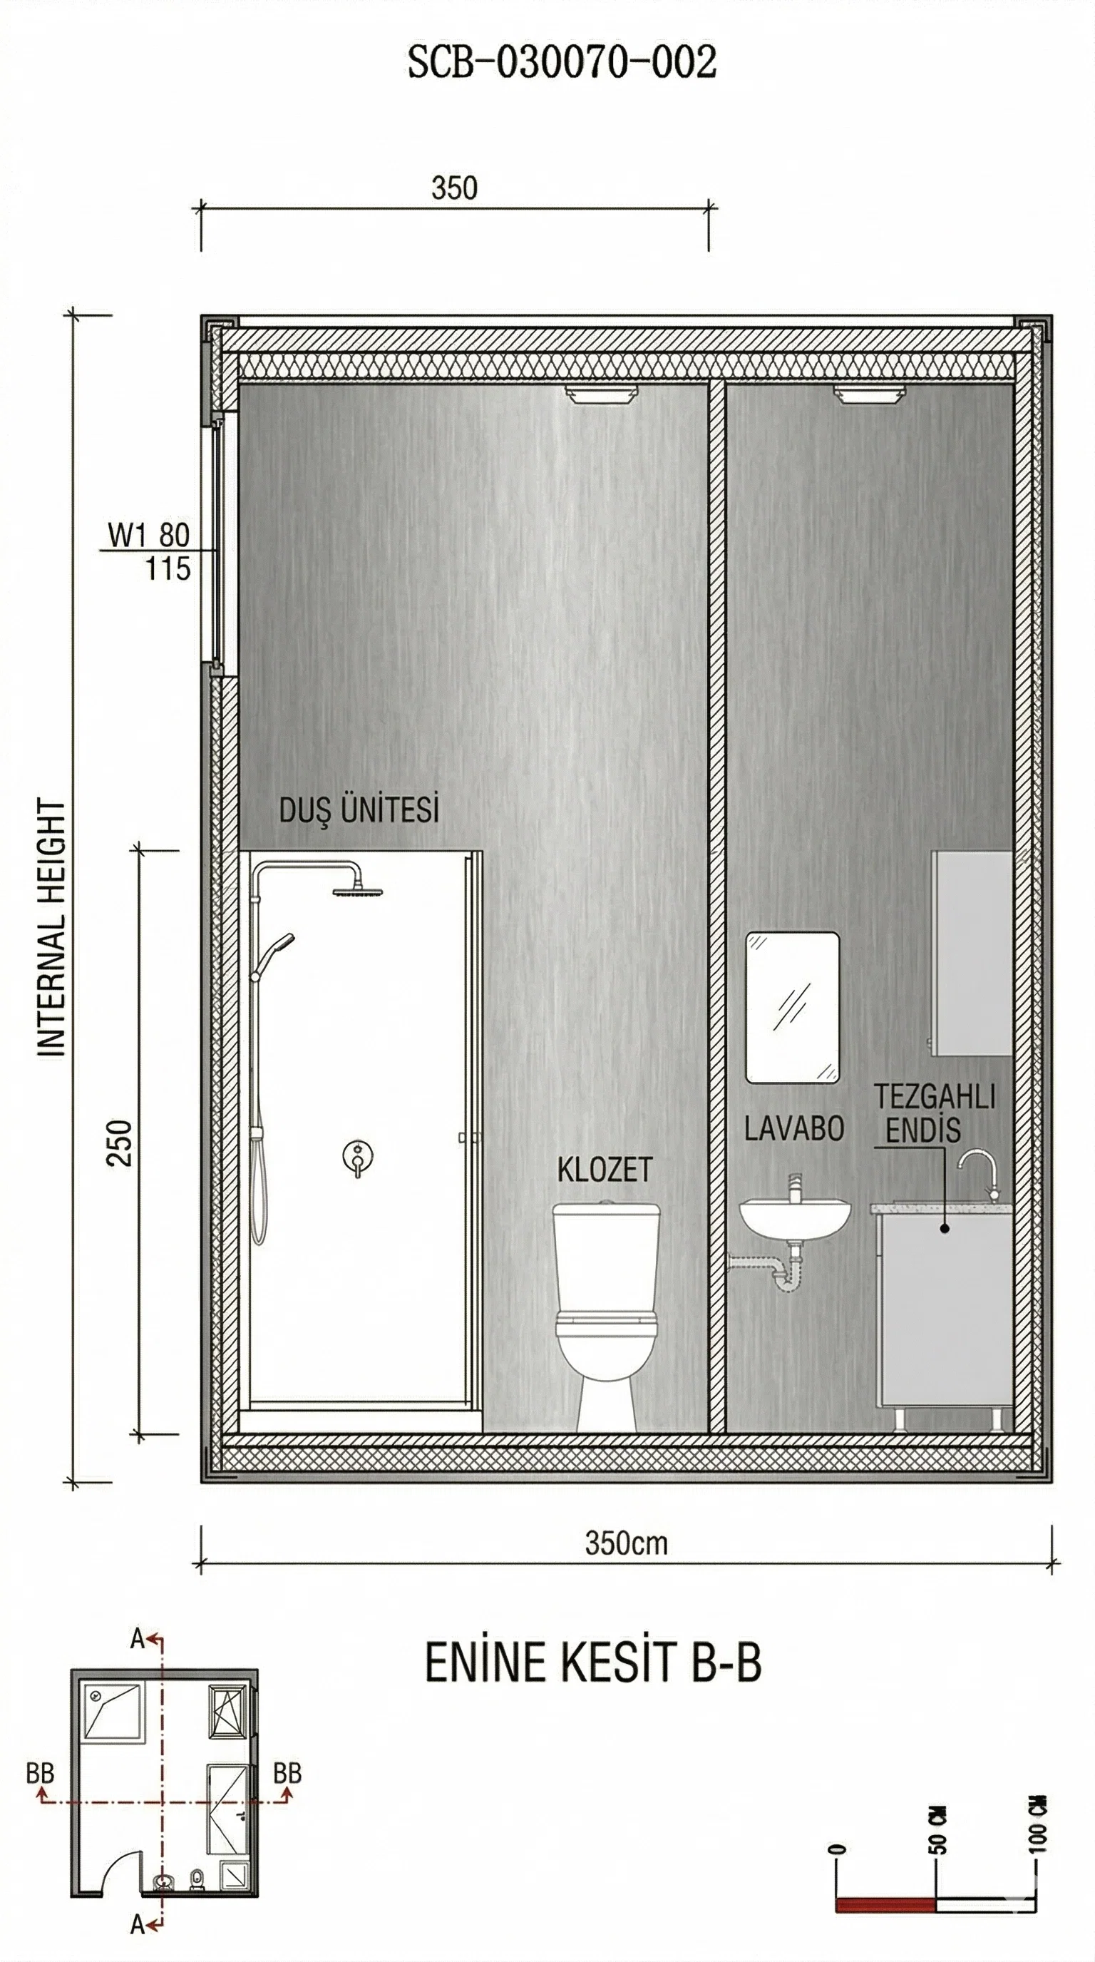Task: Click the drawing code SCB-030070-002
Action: [562, 63]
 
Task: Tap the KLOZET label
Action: [605, 1170]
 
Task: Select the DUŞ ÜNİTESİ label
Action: [359, 810]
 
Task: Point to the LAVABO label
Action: [794, 1129]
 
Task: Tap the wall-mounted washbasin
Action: [795, 1215]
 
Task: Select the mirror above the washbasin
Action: [792, 1007]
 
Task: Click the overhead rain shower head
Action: [357, 890]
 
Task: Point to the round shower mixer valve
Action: [357, 1156]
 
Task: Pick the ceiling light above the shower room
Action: [601, 394]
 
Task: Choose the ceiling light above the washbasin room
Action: [870, 394]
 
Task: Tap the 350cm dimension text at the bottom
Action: [626, 1543]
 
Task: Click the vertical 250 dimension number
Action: [120, 1143]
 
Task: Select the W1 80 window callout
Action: [148, 536]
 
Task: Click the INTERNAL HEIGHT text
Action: [52, 928]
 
